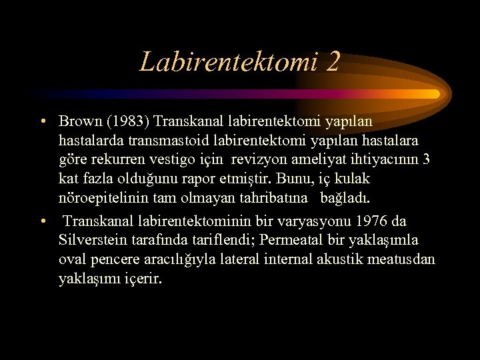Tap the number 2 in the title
point(333,62)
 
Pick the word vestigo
point(183,161)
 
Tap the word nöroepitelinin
point(99,199)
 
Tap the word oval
point(72,259)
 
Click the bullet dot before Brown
point(42,122)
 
